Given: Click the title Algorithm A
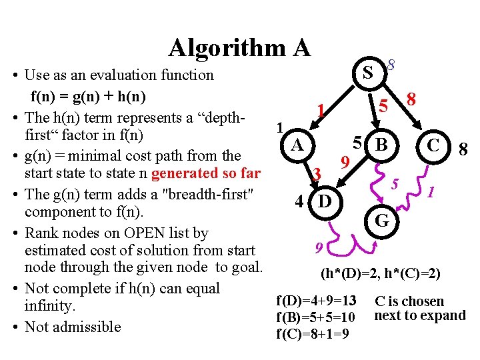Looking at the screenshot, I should pyautogui.click(x=239, y=47).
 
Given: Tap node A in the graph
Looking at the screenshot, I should pyautogui.click(x=299, y=144).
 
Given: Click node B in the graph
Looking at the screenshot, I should pyautogui.click(x=381, y=144).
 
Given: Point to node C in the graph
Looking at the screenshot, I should pyautogui.click(x=433, y=144).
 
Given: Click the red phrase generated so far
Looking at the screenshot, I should pyautogui.click(x=205, y=173).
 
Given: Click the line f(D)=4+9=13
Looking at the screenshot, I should pyautogui.click(x=315, y=301).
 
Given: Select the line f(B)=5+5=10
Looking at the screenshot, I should pyautogui.click(x=315, y=317).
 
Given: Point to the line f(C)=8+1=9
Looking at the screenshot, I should pyautogui.click(x=311, y=333).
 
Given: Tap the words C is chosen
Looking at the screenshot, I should pyautogui.click(x=409, y=301).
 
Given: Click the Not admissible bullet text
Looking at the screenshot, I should pyautogui.click(x=73, y=327).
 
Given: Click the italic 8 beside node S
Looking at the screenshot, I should pyautogui.click(x=391, y=65).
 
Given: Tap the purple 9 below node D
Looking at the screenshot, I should pyautogui.click(x=319, y=248).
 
